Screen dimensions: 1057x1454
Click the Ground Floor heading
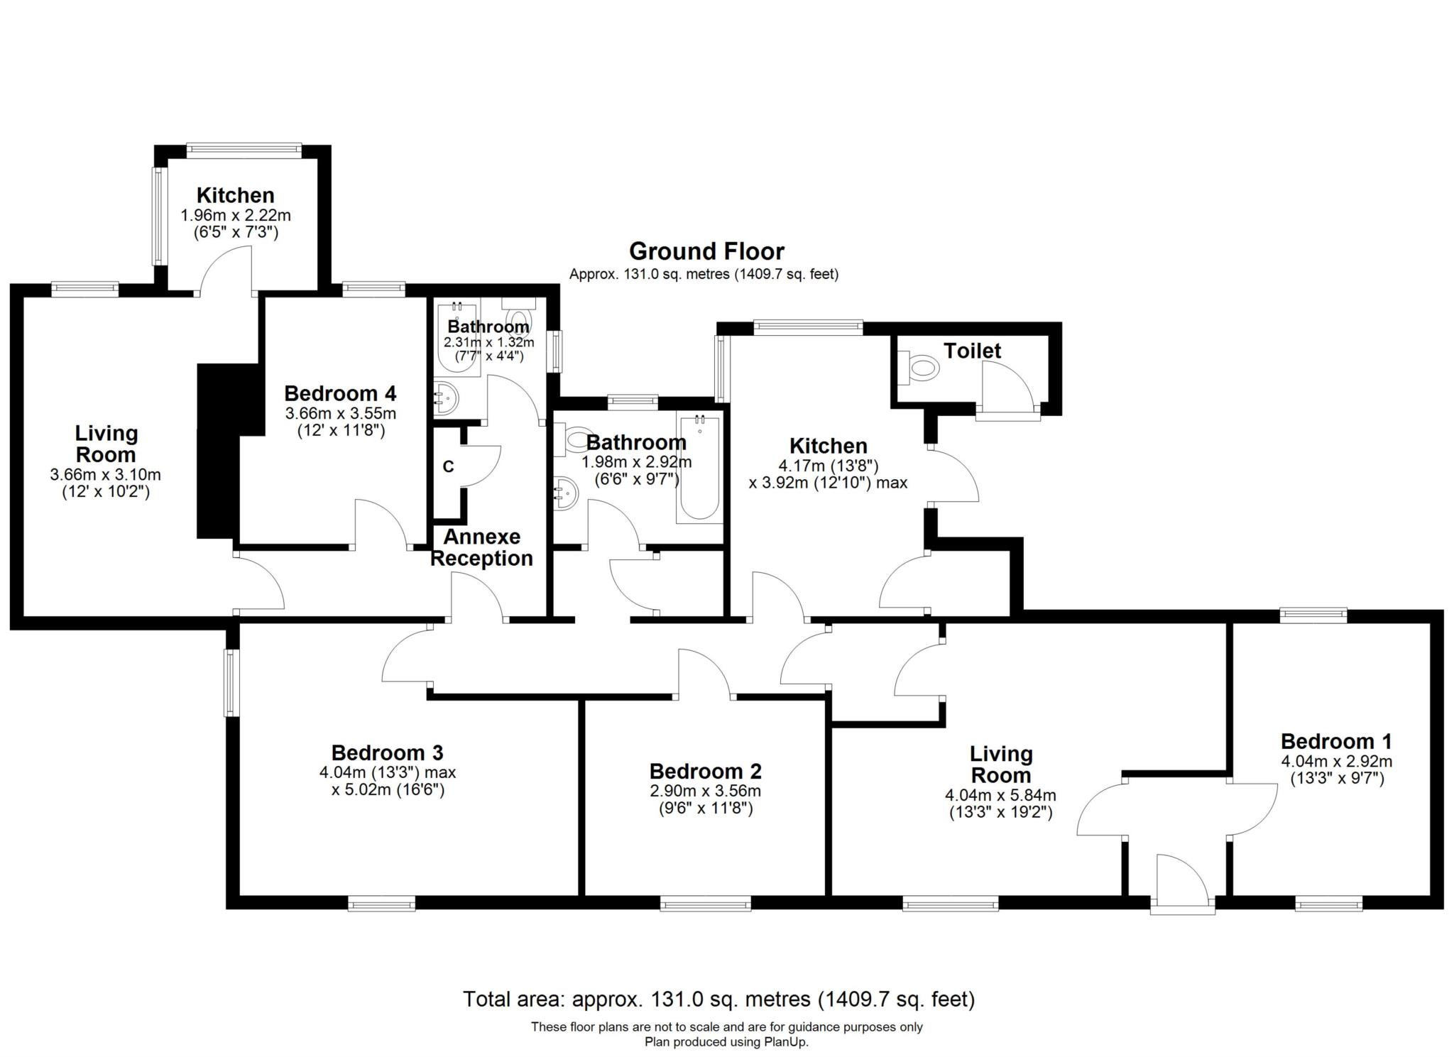tap(706, 251)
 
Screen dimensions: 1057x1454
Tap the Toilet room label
tap(972, 351)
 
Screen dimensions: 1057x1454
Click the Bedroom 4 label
tap(340, 393)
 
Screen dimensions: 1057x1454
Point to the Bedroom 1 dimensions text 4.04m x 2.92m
tap(1336, 762)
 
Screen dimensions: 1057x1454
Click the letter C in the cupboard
tap(448, 466)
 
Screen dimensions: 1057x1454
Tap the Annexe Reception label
tap(481, 547)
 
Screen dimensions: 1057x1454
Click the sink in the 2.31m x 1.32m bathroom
tap(445, 399)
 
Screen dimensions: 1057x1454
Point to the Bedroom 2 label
tap(705, 771)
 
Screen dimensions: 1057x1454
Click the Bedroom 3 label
tap(387, 752)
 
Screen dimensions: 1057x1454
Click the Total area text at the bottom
tap(718, 1000)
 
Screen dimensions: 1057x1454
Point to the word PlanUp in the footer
tap(786, 1042)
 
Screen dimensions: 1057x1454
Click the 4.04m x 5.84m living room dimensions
tap(1000, 796)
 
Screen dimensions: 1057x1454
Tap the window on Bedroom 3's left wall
tap(231, 683)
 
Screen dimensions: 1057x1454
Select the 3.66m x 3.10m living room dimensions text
tap(106, 474)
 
